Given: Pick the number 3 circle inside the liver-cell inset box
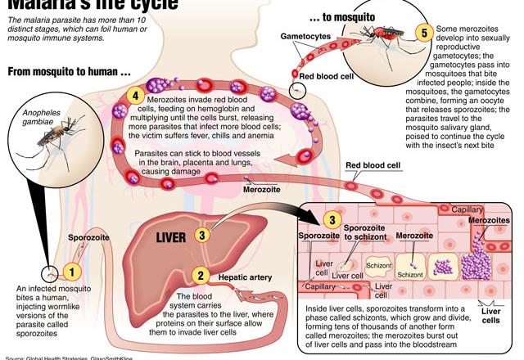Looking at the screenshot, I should coord(331,219).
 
